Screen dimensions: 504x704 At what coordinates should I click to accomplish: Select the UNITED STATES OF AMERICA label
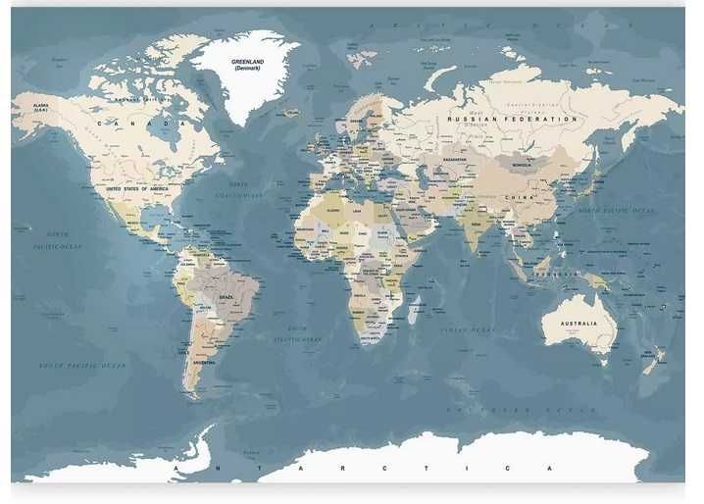tap(137, 187)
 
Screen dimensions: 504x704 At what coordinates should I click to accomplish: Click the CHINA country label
tap(519, 196)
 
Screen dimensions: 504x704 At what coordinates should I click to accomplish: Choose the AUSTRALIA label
tap(579, 324)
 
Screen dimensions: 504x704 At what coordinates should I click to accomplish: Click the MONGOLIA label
tap(521, 165)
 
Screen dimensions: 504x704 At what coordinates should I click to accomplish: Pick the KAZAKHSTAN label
tap(455, 159)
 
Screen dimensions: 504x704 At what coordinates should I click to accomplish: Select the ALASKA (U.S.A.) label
tap(41, 107)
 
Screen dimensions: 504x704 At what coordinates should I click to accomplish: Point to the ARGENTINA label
tap(203, 362)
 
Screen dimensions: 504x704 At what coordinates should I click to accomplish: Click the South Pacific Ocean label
tap(82, 366)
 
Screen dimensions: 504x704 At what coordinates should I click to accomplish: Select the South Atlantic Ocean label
tap(297, 333)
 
